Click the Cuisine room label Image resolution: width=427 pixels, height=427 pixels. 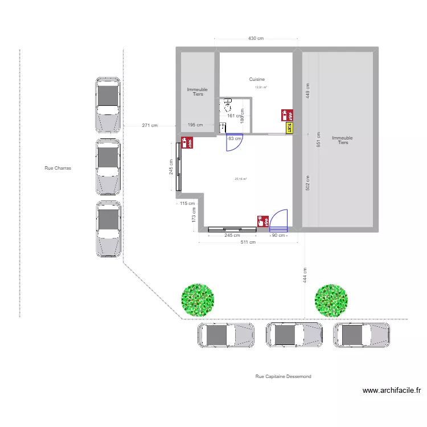tap(257, 80)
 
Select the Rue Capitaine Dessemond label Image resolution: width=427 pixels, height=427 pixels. tap(284, 376)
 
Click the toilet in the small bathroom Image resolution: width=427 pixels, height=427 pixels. tap(228, 104)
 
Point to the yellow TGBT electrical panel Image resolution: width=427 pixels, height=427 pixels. tap(289, 128)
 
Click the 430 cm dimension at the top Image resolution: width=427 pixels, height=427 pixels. tap(256, 39)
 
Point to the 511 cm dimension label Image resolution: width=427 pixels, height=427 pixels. tap(248, 242)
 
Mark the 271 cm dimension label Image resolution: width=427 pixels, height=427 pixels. tap(150, 125)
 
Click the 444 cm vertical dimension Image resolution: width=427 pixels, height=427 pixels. tap(305, 276)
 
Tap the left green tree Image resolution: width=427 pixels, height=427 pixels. tap(197, 299)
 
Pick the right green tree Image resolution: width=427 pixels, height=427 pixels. tap(331, 300)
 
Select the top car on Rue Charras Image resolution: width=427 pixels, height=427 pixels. tap(108, 104)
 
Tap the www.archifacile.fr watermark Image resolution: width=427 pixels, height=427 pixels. tap(392, 391)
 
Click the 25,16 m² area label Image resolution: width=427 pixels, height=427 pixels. tap(241, 179)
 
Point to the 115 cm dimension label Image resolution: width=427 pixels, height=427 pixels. tap(187, 203)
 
